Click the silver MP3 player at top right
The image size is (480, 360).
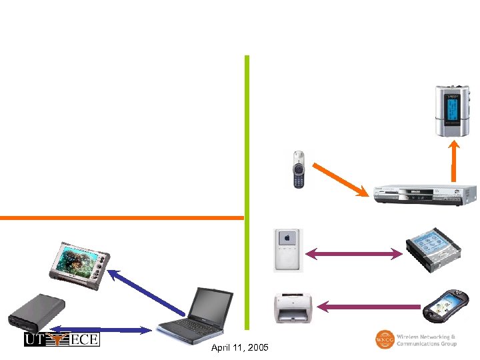tap(453, 111)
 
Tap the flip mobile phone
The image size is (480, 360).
tap(298, 169)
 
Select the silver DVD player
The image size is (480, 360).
tap(424, 194)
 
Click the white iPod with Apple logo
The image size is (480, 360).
tap(287, 250)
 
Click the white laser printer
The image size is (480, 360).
tap(293, 307)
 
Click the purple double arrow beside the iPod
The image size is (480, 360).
tap(354, 253)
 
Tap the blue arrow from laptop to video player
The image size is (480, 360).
tap(147, 291)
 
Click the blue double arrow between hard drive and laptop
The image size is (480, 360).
tap(101, 329)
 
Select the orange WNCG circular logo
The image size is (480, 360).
tap(385, 339)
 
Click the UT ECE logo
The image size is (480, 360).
tap(61, 339)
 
